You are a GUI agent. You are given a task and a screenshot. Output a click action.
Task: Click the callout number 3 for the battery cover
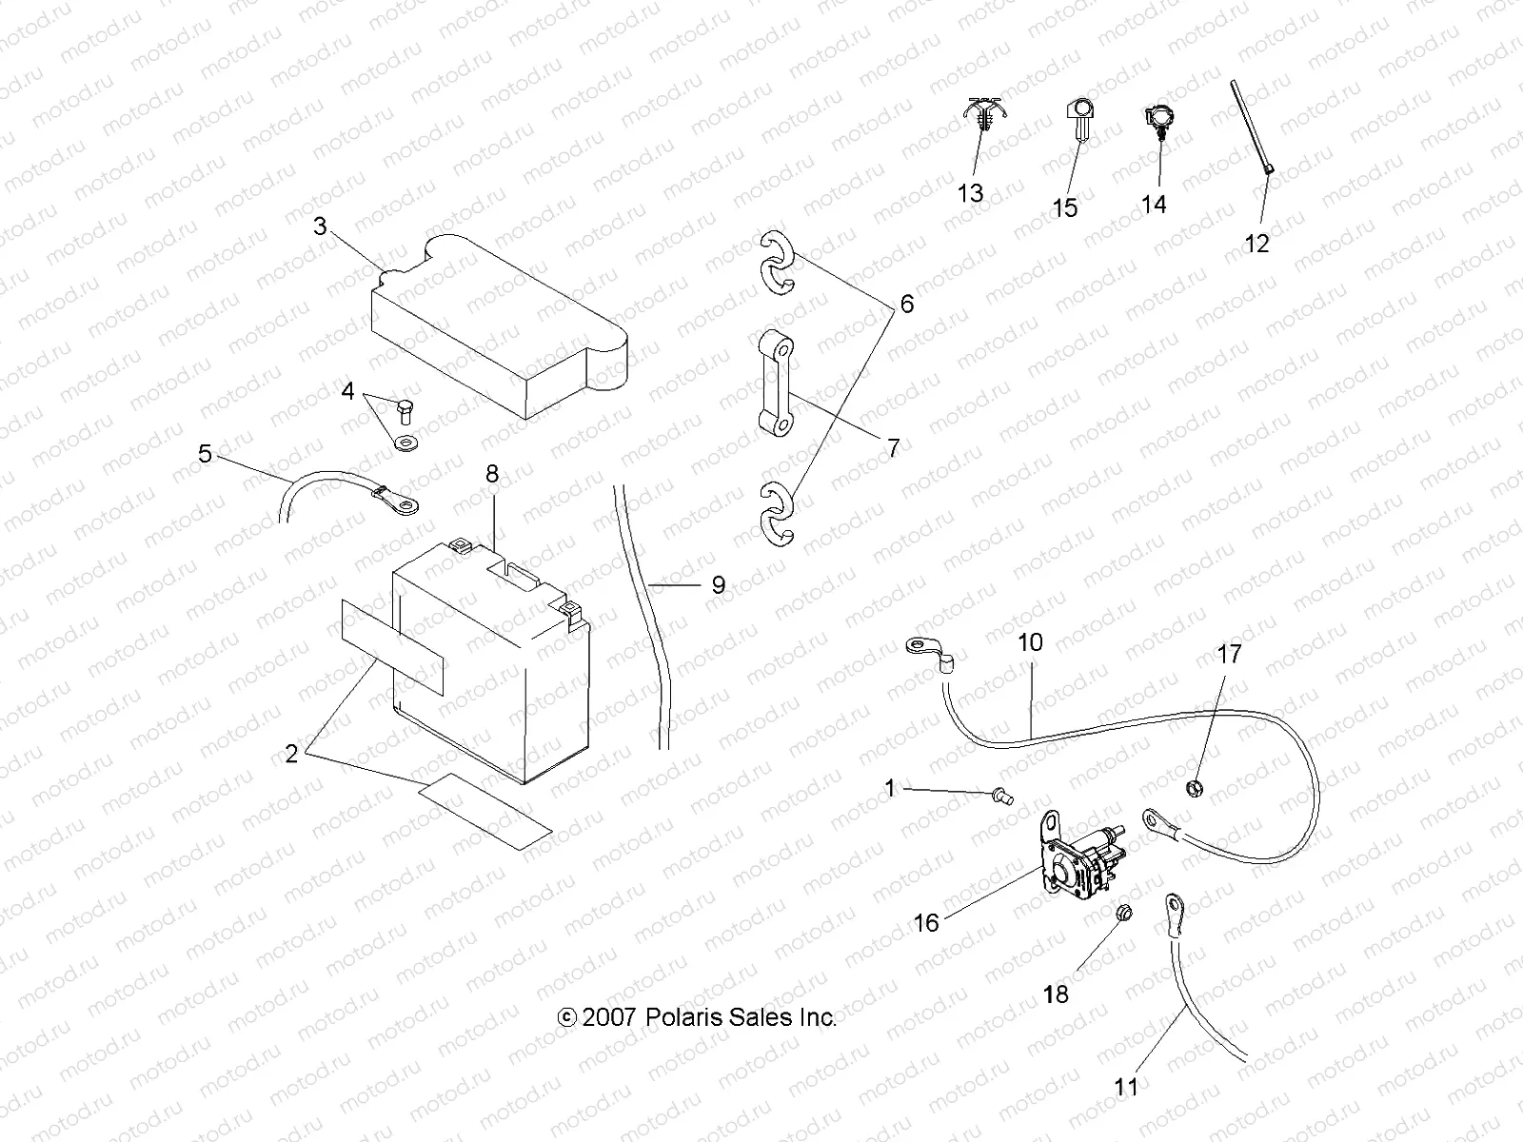320,226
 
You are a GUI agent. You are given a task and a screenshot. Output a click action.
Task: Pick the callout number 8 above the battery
492,475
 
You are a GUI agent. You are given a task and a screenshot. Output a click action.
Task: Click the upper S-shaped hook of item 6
779,263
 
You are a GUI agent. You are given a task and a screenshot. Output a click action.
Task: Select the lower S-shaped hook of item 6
779,515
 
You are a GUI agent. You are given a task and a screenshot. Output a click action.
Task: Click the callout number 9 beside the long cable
718,585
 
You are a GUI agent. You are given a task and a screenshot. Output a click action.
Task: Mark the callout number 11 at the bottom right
1126,1087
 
